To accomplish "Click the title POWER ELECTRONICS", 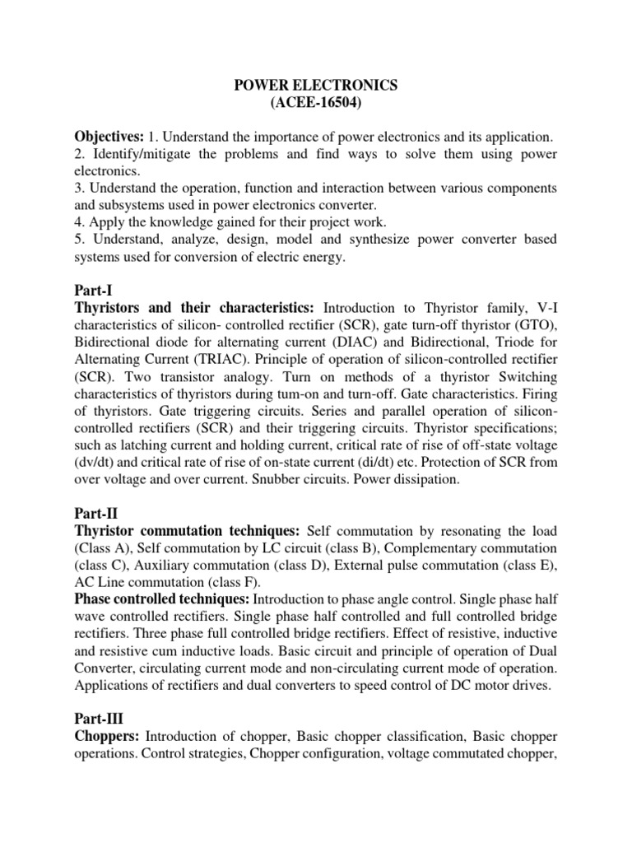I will [x=317, y=84].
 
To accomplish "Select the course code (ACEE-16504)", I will [x=317, y=102].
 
